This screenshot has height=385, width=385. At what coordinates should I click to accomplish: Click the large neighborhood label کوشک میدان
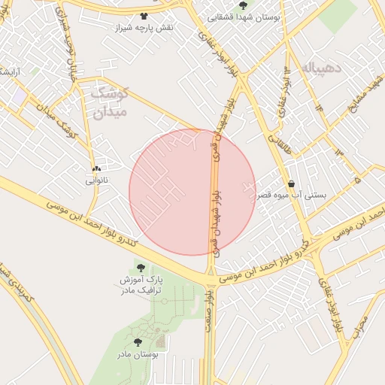(x=110, y=103)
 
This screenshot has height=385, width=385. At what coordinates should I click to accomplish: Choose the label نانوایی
(x=96, y=180)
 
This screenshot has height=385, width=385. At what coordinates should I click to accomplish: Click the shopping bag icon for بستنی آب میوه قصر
(x=291, y=183)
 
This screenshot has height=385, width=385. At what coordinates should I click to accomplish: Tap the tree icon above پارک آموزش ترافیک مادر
(x=140, y=268)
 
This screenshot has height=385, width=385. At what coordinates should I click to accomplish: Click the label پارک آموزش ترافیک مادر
(x=140, y=285)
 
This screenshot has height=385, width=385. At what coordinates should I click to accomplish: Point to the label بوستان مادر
(x=138, y=353)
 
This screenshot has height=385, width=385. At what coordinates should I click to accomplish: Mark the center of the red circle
(x=192, y=192)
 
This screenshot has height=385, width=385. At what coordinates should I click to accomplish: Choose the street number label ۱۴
(x=318, y=108)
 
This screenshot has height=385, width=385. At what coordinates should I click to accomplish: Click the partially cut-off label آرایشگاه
(x=8, y=71)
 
